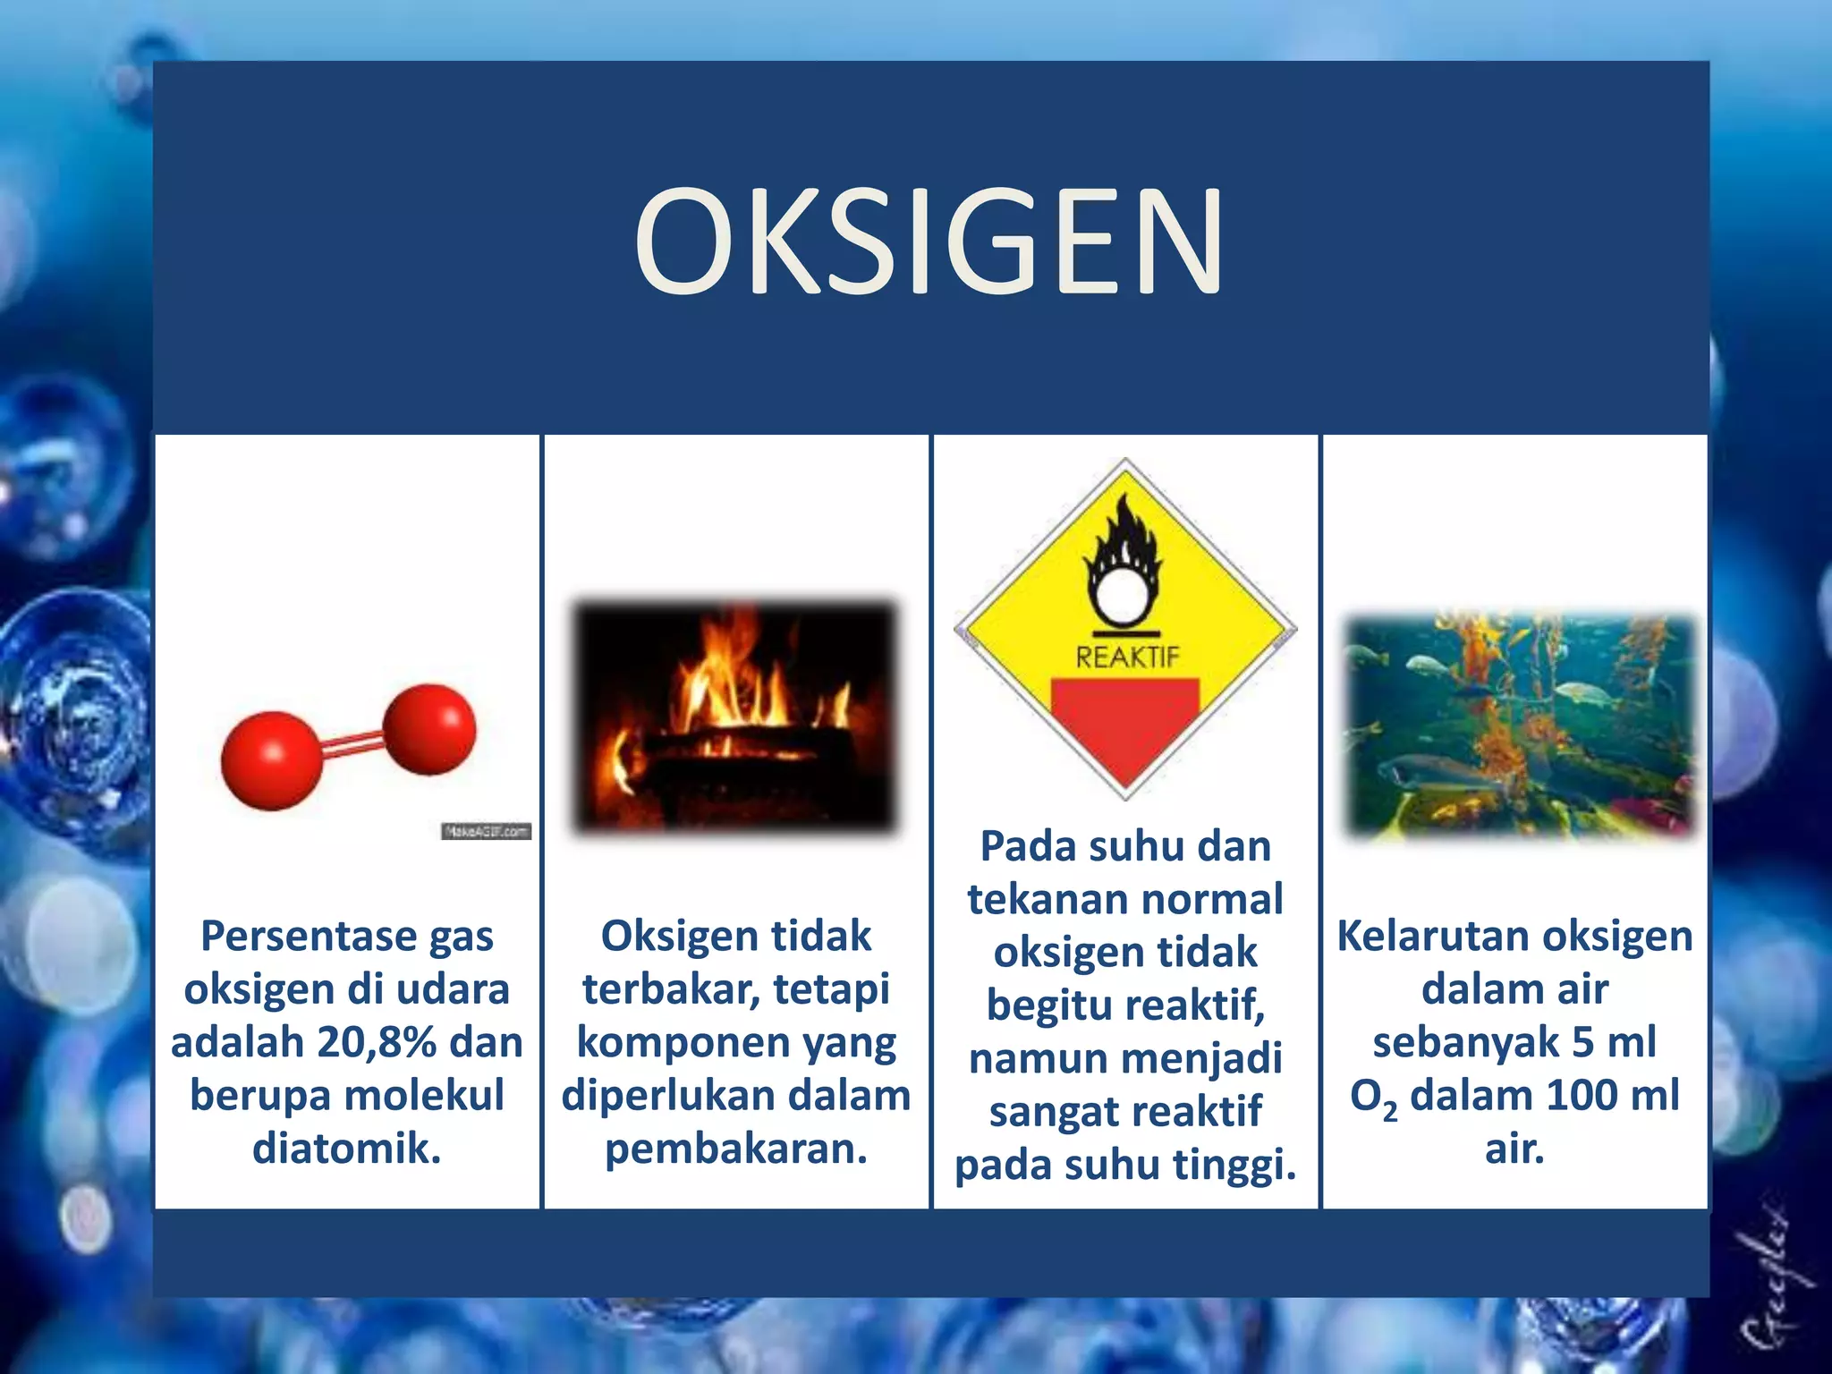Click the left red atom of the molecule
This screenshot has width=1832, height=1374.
click(271, 760)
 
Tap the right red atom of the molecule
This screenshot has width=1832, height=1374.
click(430, 728)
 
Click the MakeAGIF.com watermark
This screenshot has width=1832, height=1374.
click(486, 832)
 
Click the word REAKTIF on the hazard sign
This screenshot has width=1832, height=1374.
click(1127, 657)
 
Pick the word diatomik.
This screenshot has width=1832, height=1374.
click(347, 1149)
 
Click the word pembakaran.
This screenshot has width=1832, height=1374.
click(736, 1149)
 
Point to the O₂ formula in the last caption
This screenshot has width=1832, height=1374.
click(1373, 1098)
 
